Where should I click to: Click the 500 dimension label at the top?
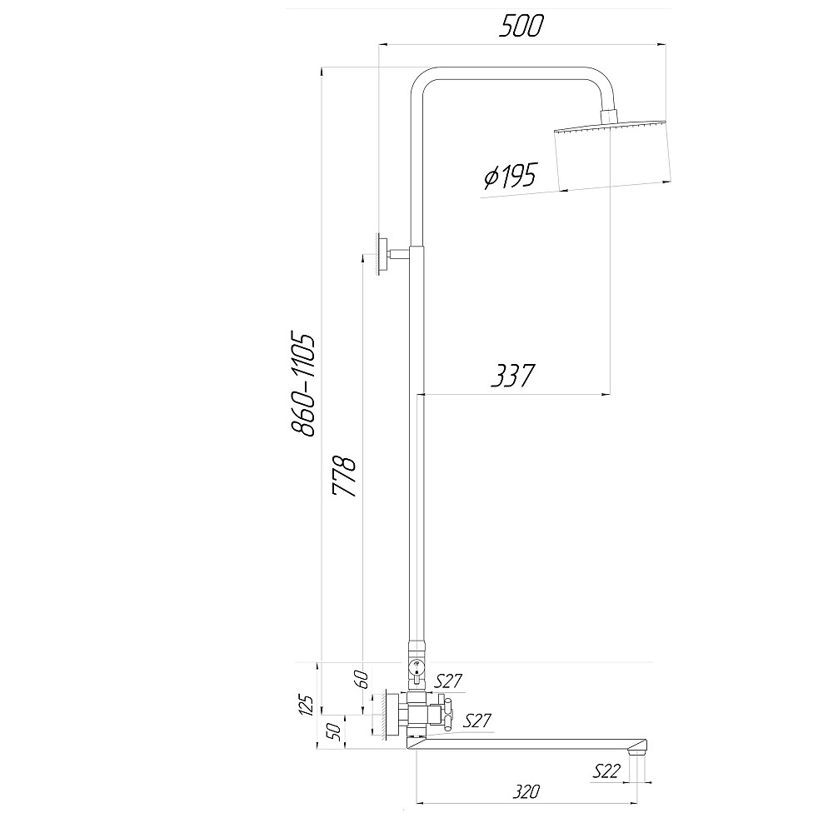point(521,26)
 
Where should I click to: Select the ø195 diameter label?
point(511,177)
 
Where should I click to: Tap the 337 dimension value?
point(512,375)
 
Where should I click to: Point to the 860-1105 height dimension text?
point(303,385)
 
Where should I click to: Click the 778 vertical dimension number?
point(344,476)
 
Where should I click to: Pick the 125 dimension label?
point(307,704)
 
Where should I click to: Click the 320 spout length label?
point(526,792)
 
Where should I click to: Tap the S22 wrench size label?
point(606,771)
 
